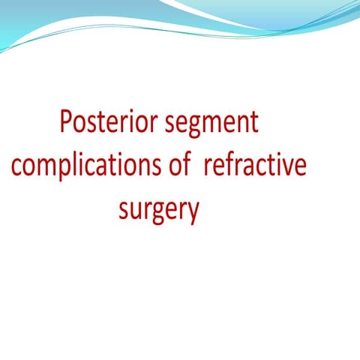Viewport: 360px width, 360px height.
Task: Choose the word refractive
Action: pyautogui.click(x=256, y=166)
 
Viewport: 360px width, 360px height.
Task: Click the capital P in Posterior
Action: pyautogui.click(x=66, y=121)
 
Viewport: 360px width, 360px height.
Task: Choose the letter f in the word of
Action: pyautogui.click(x=190, y=165)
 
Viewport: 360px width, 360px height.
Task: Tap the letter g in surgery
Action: pyautogui.click(x=163, y=214)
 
